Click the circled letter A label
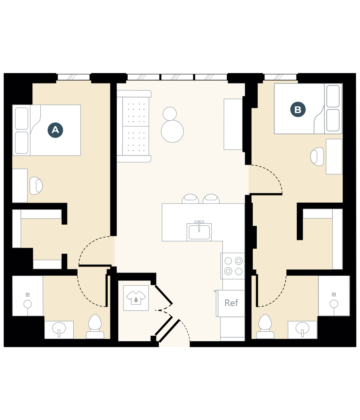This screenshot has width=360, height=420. (55, 130)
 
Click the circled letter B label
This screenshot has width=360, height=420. (298, 109)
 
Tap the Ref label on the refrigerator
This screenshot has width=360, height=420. (231, 303)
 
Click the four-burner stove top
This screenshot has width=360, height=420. (233, 266)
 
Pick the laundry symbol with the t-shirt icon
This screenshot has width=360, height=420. (136, 298)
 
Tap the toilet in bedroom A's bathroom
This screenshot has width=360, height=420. (95, 326)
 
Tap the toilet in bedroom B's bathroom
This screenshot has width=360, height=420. (265, 326)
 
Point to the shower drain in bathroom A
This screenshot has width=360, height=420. (28, 304)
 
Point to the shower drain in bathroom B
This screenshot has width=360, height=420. (334, 304)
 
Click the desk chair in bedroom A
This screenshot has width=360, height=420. (36, 186)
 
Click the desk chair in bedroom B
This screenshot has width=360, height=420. (317, 157)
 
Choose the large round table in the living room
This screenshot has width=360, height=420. (172, 131)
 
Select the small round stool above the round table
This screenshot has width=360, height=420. (170, 113)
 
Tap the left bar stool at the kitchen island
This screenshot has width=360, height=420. (190, 199)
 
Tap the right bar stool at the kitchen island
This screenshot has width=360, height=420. (211, 199)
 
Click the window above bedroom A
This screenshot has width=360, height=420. (74, 77)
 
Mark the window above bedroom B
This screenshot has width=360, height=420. (280, 77)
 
